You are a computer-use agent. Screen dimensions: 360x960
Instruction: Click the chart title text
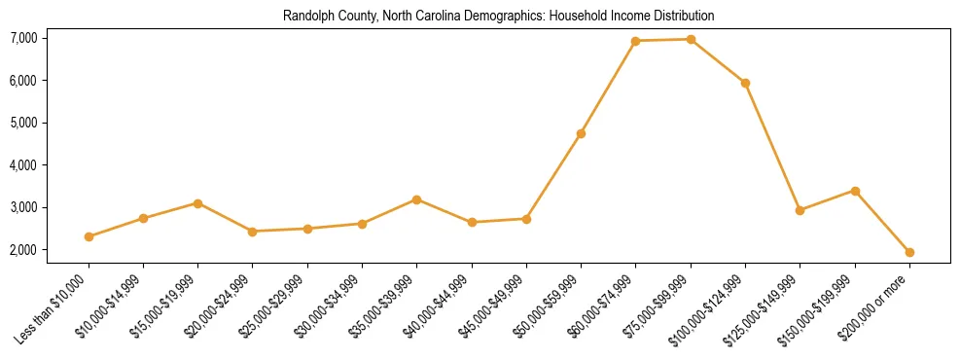(x=498, y=17)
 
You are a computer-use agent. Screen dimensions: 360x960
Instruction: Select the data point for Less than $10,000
(x=89, y=236)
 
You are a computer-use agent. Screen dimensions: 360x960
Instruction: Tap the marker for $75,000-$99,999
(x=691, y=40)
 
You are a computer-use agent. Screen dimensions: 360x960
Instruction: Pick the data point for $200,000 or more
(x=909, y=252)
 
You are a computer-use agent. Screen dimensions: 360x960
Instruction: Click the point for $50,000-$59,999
(x=581, y=133)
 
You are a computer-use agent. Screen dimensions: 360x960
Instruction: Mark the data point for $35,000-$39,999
(x=416, y=199)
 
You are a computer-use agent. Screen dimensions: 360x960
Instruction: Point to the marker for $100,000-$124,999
(x=745, y=83)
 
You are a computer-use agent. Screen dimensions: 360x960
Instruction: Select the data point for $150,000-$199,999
(x=855, y=191)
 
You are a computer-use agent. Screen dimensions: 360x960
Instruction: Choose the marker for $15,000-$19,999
(x=197, y=203)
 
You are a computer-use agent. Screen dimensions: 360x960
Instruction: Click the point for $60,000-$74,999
(x=635, y=41)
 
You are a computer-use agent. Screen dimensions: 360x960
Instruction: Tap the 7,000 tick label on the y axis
(x=23, y=38)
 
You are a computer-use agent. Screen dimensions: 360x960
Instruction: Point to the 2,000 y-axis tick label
(x=23, y=250)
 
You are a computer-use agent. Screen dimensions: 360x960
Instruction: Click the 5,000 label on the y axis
(x=23, y=123)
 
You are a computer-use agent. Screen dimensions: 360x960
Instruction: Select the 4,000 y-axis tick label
(x=23, y=165)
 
